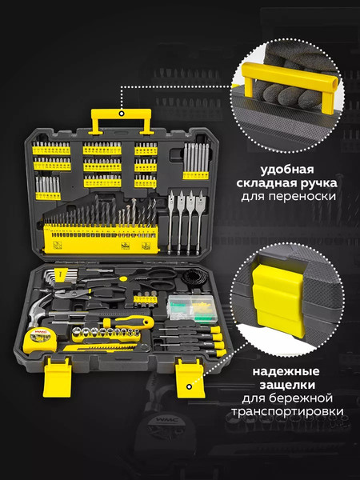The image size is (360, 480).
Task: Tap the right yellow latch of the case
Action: [x=189, y=374]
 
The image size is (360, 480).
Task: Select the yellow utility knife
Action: [x=90, y=346]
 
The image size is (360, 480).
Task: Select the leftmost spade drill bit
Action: [x=170, y=220]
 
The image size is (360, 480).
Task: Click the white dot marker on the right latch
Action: [x=189, y=386]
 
